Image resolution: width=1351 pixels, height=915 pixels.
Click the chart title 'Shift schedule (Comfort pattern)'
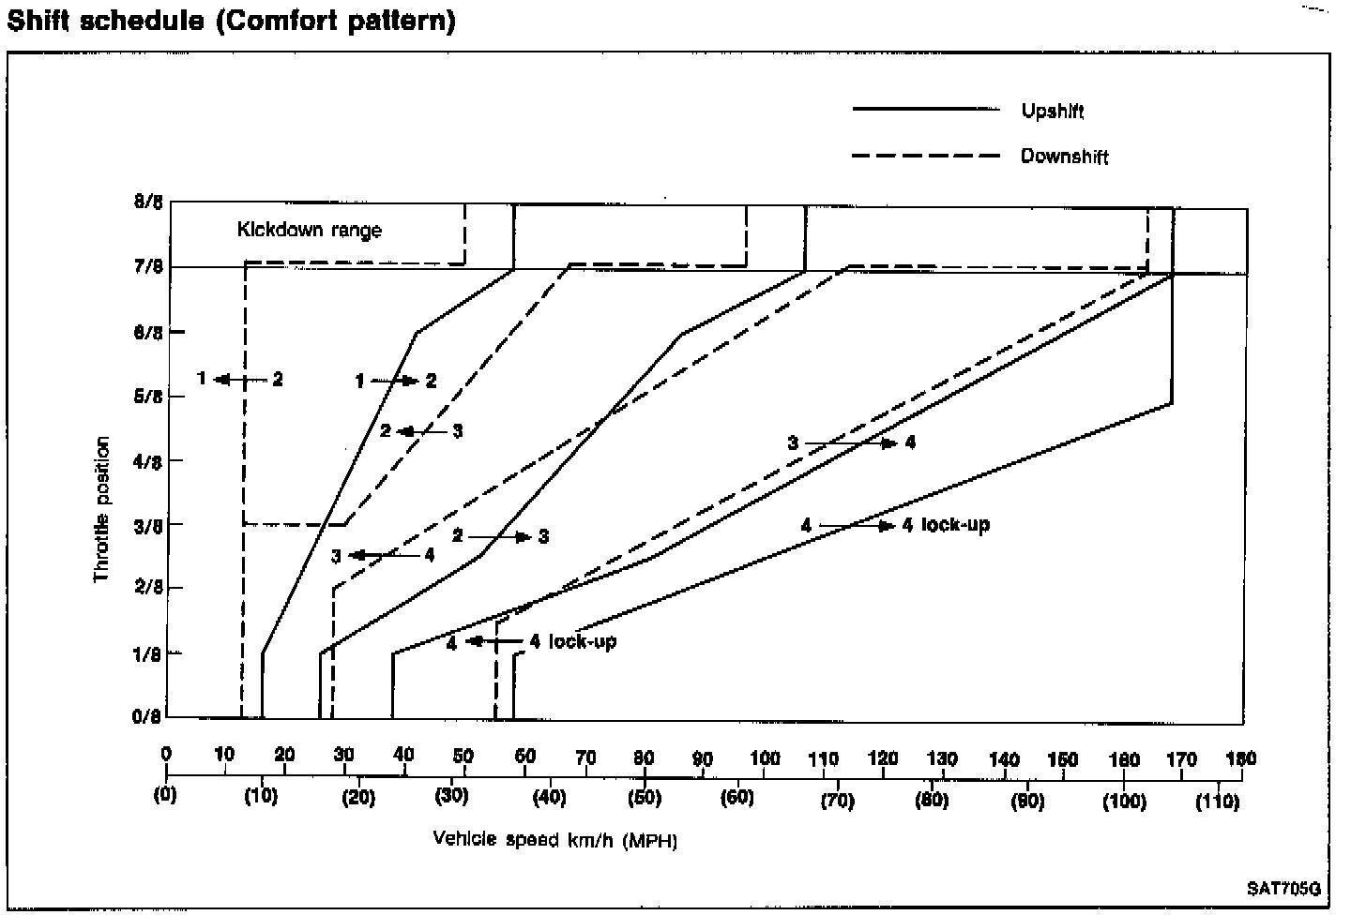pos(231,21)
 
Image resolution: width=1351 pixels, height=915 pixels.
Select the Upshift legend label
pos(1052,112)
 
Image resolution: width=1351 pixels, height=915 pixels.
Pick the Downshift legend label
pos(1064,157)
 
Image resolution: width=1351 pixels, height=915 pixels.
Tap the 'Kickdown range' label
pos(309,230)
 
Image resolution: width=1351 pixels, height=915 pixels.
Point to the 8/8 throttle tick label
pos(148,202)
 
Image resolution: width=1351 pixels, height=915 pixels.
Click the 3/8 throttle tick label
pos(148,524)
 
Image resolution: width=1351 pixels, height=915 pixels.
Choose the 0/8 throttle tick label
pos(148,717)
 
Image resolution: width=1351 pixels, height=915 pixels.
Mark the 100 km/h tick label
pos(765,758)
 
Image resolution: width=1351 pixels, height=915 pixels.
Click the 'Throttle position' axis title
pos(102,509)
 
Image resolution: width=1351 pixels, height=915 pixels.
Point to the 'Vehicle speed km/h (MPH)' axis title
pos(554,839)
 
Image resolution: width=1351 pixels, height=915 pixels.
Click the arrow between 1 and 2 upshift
pos(394,381)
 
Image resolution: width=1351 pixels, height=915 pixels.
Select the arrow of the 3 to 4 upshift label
pos(850,442)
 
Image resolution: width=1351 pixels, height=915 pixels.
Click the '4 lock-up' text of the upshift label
pos(946,525)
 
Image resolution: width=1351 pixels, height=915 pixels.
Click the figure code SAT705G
pos(1283,888)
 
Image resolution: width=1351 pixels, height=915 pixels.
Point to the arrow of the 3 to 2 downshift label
pos(420,431)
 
